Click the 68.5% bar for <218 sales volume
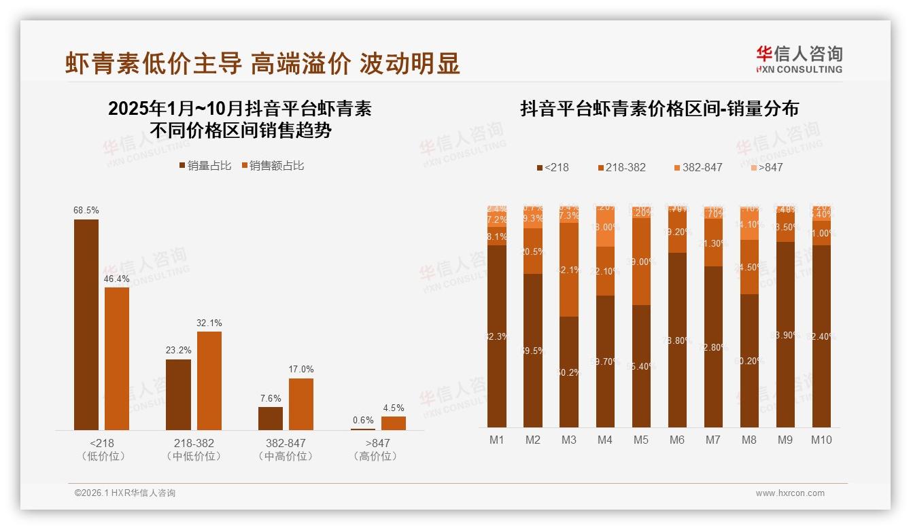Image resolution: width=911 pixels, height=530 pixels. [x=86, y=324]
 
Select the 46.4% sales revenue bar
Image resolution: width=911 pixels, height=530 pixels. [x=117, y=358]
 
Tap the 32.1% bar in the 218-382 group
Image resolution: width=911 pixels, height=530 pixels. [x=209, y=381]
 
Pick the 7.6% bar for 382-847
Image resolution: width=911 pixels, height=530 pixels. [x=271, y=418]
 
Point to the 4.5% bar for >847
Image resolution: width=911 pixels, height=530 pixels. [x=393, y=423]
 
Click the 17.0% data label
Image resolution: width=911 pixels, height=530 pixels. [x=301, y=370]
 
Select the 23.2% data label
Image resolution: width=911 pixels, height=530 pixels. [x=178, y=351]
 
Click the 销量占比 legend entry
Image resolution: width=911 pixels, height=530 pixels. [x=205, y=166]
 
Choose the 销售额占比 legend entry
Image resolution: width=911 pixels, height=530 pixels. [x=273, y=166]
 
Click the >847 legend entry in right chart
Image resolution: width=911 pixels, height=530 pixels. [x=766, y=167]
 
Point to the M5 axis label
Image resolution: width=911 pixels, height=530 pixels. [x=640, y=440]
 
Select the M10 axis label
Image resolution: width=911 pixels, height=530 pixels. [x=821, y=440]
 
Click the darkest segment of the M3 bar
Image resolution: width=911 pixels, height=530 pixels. [x=569, y=372]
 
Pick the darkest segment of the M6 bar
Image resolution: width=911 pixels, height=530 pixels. [x=676, y=340]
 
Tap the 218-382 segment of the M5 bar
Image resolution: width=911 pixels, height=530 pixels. [x=640, y=262]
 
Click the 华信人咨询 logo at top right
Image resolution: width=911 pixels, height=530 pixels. [x=799, y=59]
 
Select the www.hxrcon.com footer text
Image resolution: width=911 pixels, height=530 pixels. [x=790, y=493]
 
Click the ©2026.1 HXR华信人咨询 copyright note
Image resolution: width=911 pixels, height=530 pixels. [x=125, y=493]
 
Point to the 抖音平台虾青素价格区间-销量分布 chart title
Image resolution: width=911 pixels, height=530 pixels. [x=659, y=109]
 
